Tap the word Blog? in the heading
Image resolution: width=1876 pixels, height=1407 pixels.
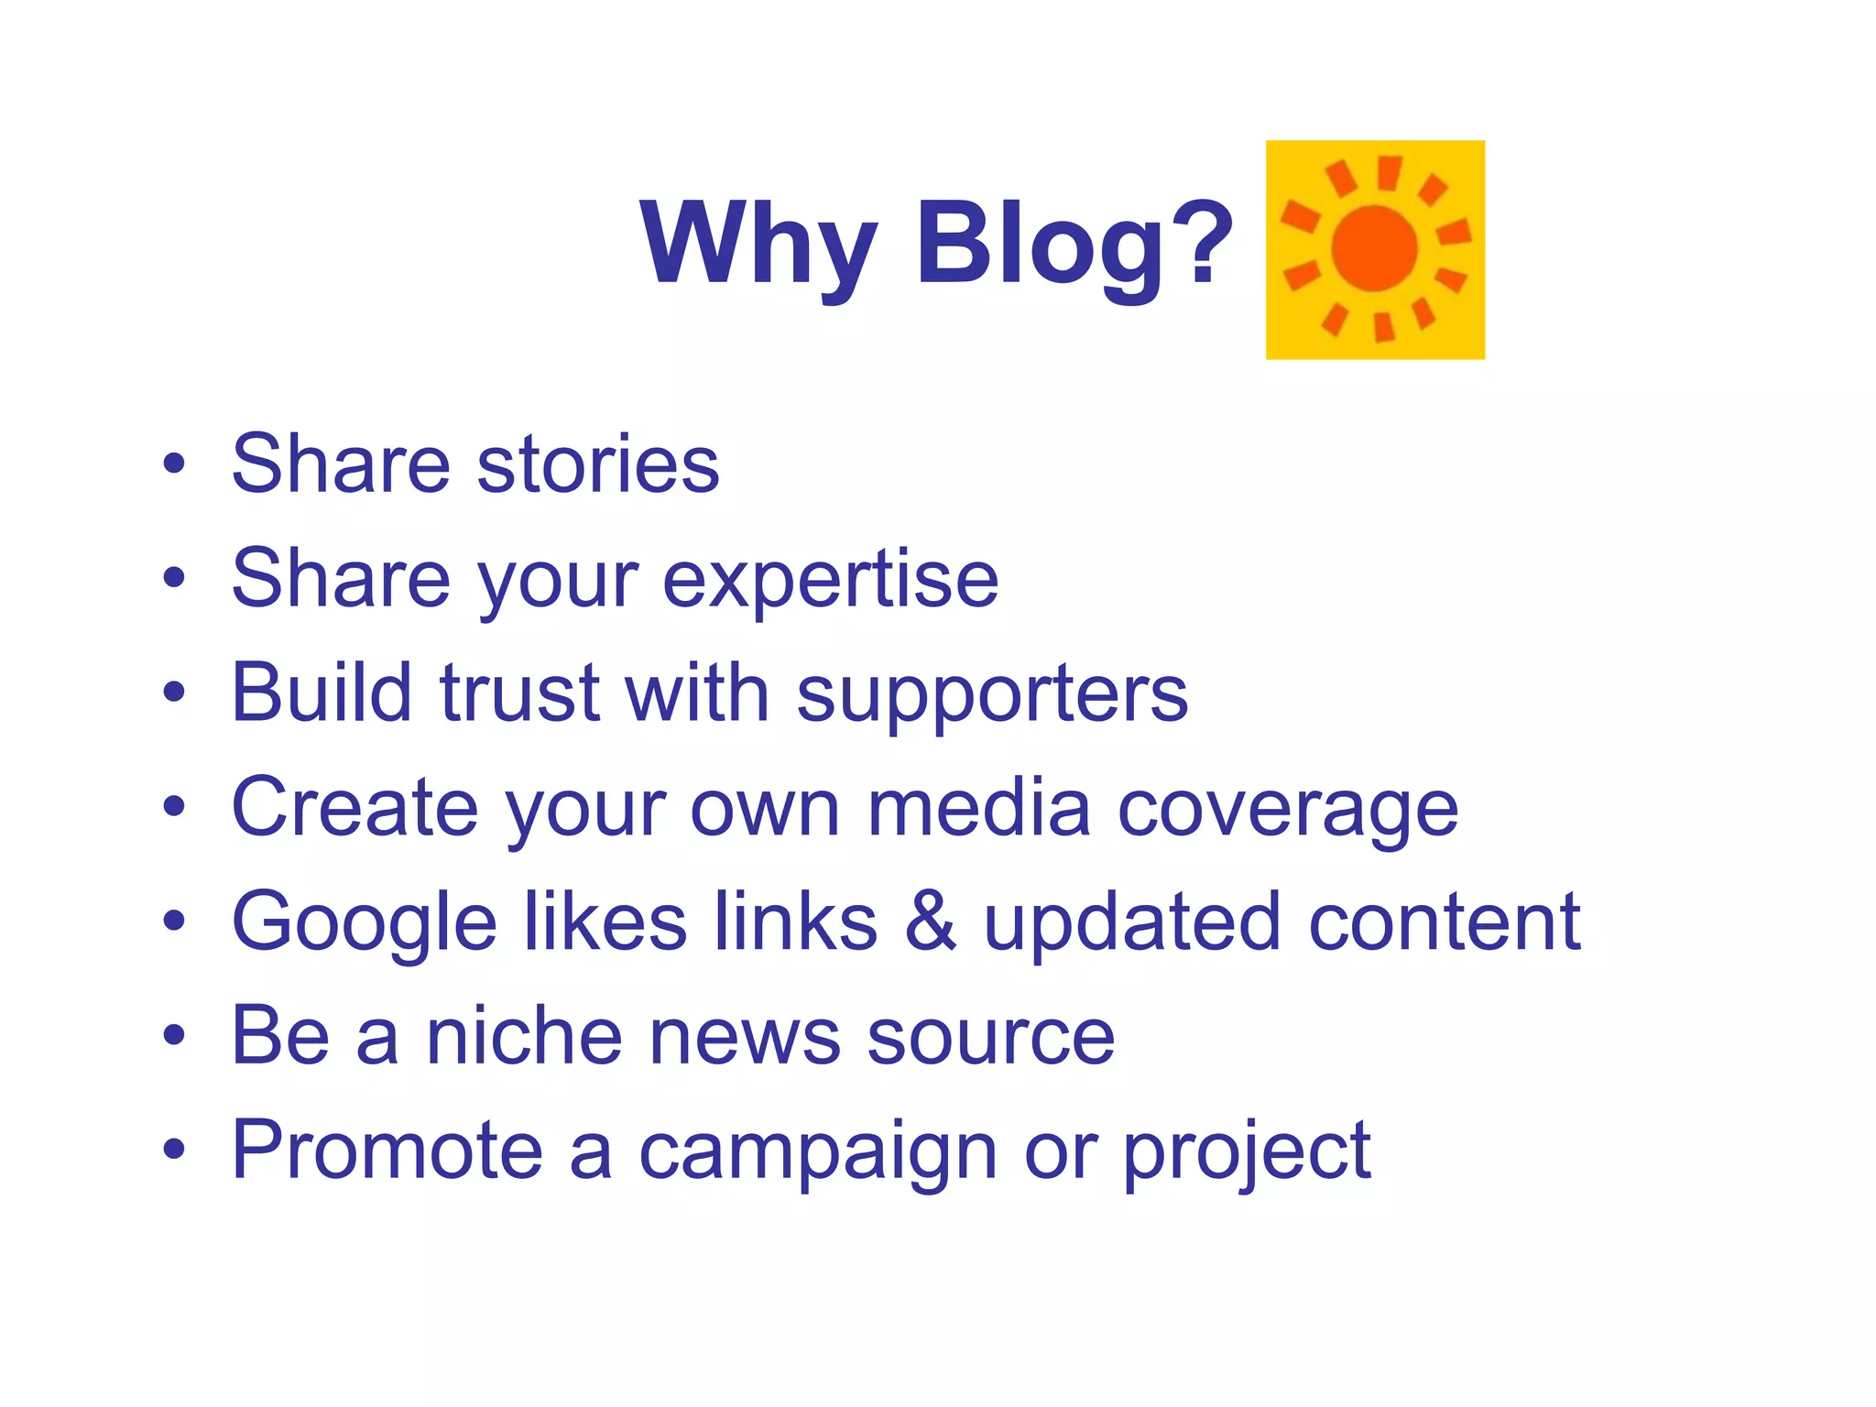1074,244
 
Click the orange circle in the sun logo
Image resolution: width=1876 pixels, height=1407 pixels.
1374,248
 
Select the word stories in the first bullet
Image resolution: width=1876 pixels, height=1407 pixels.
598,464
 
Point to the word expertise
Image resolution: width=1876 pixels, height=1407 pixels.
830,580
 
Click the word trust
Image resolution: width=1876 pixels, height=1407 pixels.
519,693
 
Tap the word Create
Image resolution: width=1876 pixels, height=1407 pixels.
354,807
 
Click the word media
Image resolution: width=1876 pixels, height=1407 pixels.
978,807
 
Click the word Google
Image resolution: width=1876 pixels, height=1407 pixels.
364,923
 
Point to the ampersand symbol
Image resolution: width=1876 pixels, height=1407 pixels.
930,922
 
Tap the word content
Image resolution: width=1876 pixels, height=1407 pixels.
1445,922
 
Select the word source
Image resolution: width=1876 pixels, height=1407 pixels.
991,1038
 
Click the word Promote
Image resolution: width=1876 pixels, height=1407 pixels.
387,1151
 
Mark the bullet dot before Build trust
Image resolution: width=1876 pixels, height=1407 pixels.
173,693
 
